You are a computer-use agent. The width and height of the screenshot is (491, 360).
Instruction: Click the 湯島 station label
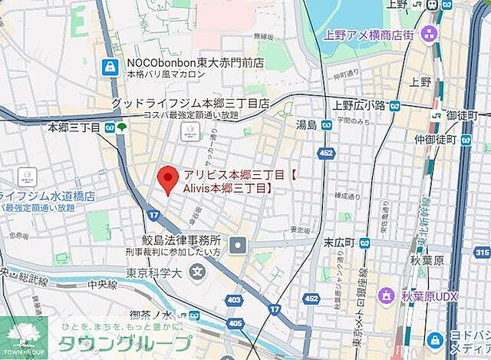pos(307,124)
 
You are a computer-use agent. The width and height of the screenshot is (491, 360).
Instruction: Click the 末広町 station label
pos(338,243)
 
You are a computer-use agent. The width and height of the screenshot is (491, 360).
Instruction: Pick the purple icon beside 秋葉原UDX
pos(387,294)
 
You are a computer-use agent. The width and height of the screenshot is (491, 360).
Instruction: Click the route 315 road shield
pos(481,252)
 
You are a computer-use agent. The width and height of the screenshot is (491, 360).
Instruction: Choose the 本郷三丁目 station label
pos(74,127)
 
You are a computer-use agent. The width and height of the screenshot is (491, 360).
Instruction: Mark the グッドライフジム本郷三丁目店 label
pos(189,103)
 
